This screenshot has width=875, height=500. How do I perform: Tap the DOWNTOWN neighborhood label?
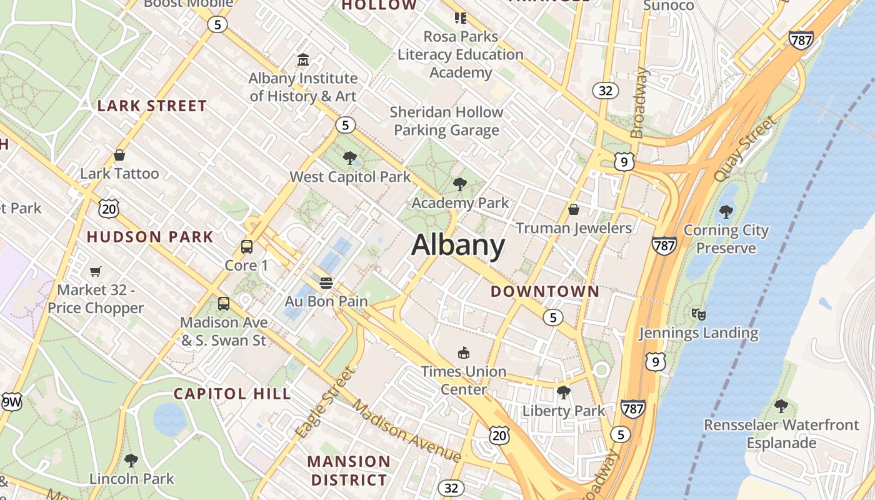point(544,291)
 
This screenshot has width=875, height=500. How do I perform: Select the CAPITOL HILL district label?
point(232,394)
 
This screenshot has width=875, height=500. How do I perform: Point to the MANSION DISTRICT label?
point(349,471)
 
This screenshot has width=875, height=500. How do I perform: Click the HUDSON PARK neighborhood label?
point(150,237)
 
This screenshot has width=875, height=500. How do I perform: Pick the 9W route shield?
point(11,402)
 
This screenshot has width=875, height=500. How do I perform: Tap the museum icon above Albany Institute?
point(303,60)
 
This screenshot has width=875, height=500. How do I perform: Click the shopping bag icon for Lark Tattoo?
point(119,155)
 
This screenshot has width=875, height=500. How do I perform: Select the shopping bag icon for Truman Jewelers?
point(574,209)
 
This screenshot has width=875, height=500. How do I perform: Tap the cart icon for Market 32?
point(95,271)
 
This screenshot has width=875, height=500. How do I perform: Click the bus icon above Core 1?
point(247,247)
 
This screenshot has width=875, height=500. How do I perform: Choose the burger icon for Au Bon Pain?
point(326,283)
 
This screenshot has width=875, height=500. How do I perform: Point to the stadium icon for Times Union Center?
point(463,353)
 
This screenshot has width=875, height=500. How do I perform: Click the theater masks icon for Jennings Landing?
point(698,314)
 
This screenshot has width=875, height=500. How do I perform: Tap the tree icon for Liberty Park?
point(563,392)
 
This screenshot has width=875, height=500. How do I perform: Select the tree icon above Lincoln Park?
point(131,461)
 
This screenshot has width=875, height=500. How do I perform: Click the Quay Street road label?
point(745,149)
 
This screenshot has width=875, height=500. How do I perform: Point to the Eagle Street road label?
point(325,402)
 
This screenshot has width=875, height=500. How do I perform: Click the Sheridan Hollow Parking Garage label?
point(446,121)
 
